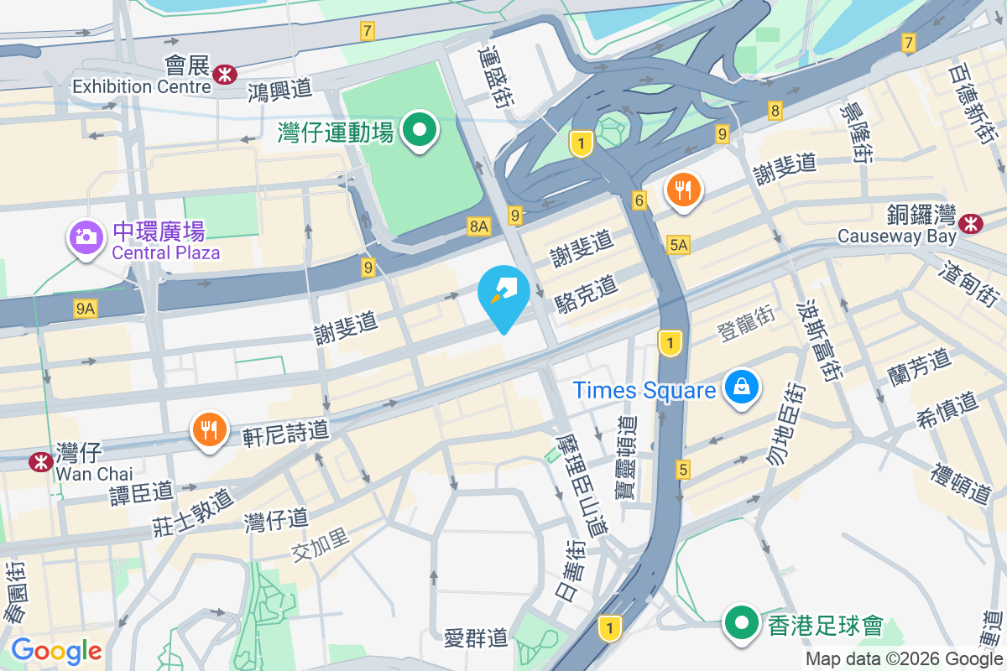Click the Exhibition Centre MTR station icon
pos(224,74)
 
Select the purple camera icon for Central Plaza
pos(85,237)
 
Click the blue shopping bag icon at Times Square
pos(742,387)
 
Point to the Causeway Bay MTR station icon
pos(971,223)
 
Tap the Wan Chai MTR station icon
pos(39,461)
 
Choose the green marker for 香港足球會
pos(742,624)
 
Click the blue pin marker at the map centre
pos(503,294)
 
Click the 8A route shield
pos(478,225)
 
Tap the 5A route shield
pos(678,244)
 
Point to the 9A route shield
pos(85,309)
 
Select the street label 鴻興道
pos(279,90)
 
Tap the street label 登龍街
pos(745,323)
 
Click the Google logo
pos(56,650)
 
